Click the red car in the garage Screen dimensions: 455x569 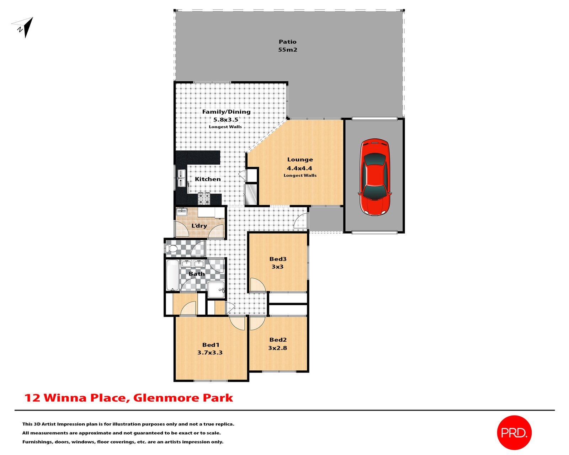375,177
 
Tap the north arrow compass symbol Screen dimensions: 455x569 24,27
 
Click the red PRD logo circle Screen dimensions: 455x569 514,432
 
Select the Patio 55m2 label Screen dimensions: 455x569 287,46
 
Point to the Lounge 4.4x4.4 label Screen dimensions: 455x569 300,164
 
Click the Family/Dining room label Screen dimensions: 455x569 226,116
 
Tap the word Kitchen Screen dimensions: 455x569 208,179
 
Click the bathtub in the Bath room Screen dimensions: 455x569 172,275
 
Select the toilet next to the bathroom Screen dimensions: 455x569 172,248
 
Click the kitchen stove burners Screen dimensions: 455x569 204,199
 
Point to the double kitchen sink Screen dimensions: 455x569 181,178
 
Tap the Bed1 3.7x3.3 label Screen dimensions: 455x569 210,349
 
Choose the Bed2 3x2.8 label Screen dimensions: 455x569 278,344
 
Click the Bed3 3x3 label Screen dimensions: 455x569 278,263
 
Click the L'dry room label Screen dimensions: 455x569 199,226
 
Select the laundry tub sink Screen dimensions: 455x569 182,212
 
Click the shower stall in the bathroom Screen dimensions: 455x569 216,290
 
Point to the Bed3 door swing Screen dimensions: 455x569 257,285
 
